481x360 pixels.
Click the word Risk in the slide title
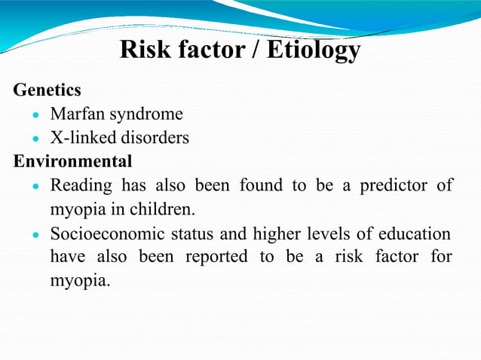pos(146,50)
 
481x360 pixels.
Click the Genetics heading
pos(47,90)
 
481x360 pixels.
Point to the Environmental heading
pos(72,161)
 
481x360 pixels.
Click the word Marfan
pos(79,114)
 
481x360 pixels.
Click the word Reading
pos(81,185)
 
